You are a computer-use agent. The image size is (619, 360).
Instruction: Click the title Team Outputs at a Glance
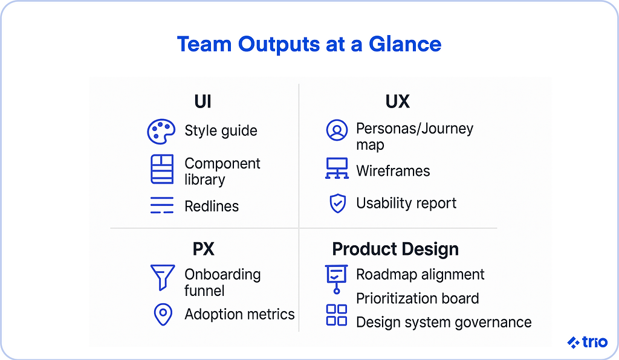[x=309, y=44]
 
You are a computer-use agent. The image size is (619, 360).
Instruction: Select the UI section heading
[x=203, y=101]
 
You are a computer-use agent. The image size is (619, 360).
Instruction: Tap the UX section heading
[x=397, y=101]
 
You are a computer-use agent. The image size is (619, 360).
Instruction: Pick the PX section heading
[x=203, y=249]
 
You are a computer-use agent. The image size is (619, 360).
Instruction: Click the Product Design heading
[x=395, y=249]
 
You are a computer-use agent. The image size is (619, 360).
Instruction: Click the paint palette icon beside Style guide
[x=161, y=131]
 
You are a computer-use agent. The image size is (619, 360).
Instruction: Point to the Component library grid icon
[x=161, y=169]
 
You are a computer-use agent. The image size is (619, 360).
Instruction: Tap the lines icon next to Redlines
[x=161, y=206]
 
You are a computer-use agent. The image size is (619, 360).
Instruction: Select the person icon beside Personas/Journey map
[x=337, y=130]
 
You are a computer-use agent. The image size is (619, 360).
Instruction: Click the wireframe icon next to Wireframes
[x=337, y=169]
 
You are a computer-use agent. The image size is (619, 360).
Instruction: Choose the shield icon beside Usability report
[x=337, y=204]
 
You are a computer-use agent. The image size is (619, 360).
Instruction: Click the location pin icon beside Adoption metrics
[x=162, y=315]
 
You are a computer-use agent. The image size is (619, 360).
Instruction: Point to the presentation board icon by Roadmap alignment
[x=337, y=277]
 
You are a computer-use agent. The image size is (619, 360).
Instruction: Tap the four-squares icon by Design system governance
[x=337, y=315]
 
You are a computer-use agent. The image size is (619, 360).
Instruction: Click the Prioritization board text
[x=417, y=298]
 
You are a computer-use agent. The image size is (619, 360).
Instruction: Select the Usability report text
[x=406, y=204]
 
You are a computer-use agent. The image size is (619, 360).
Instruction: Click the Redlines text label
[x=212, y=206]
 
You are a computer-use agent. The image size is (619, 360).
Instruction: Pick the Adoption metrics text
[x=239, y=314]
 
